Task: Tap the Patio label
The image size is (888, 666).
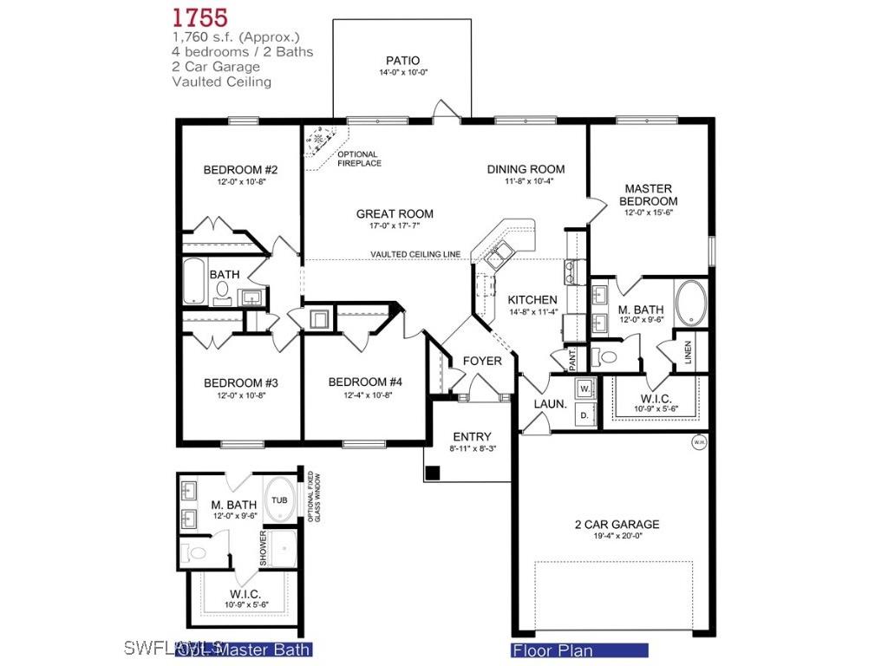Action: pyautogui.click(x=403, y=60)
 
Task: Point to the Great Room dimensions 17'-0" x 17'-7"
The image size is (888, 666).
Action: pyautogui.click(x=395, y=227)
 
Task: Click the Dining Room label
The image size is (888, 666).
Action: pyautogui.click(x=526, y=169)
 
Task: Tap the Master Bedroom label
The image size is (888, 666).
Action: pyautogui.click(x=649, y=194)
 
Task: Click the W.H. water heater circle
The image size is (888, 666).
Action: pyautogui.click(x=699, y=443)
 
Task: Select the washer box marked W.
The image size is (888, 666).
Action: pyautogui.click(x=584, y=388)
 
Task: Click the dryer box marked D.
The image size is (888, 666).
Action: pyautogui.click(x=584, y=415)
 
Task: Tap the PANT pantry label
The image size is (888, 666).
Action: pyautogui.click(x=573, y=356)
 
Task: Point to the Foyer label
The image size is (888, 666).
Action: pyautogui.click(x=481, y=361)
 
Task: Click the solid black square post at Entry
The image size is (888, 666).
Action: pyautogui.click(x=433, y=473)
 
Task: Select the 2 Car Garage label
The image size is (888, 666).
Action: pyautogui.click(x=617, y=524)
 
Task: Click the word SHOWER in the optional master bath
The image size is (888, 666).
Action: pyautogui.click(x=263, y=547)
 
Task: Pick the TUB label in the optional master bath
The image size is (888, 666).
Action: pyautogui.click(x=279, y=500)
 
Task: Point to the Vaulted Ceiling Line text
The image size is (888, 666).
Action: pyautogui.click(x=415, y=254)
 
